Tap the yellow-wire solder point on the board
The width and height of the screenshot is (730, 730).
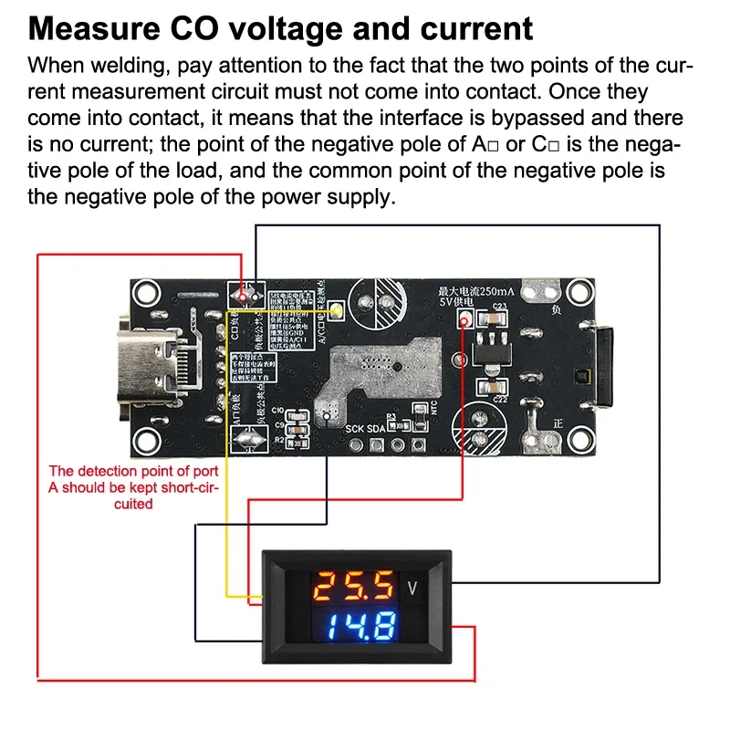click(x=334, y=311)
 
